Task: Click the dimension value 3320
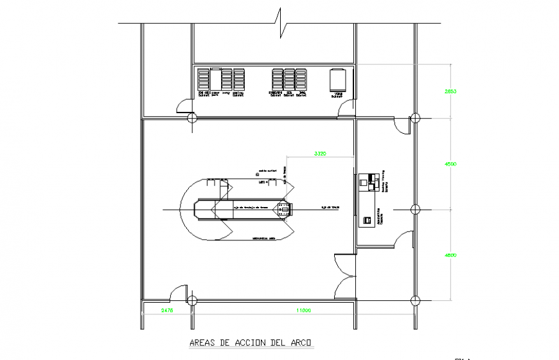pyautogui.click(x=321, y=154)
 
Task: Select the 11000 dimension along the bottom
pyautogui.click(x=303, y=310)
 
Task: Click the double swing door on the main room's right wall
pyautogui.click(x=344, y=276)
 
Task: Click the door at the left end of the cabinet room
pyautogui.click(x=185, y=106)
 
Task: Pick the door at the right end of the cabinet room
pyautogui.click(x=346, y=109)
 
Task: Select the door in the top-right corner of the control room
pyautogui.click(x=402, y=126)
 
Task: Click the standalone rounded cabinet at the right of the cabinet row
pyautogui.click(x=338, y=80)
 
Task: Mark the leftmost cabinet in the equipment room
pyautogui.click(x=204, y=79)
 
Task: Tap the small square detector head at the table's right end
pyautogui.click(x=283, y=209)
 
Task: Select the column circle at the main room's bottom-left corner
pyautogui.click(x=191, y=300)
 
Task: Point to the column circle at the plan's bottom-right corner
pyautogui.click(x=415, y=300)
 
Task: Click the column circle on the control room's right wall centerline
pyautogui.click(x=415, y=209)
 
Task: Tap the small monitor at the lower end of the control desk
pyautogui.click(x=368, y=221)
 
